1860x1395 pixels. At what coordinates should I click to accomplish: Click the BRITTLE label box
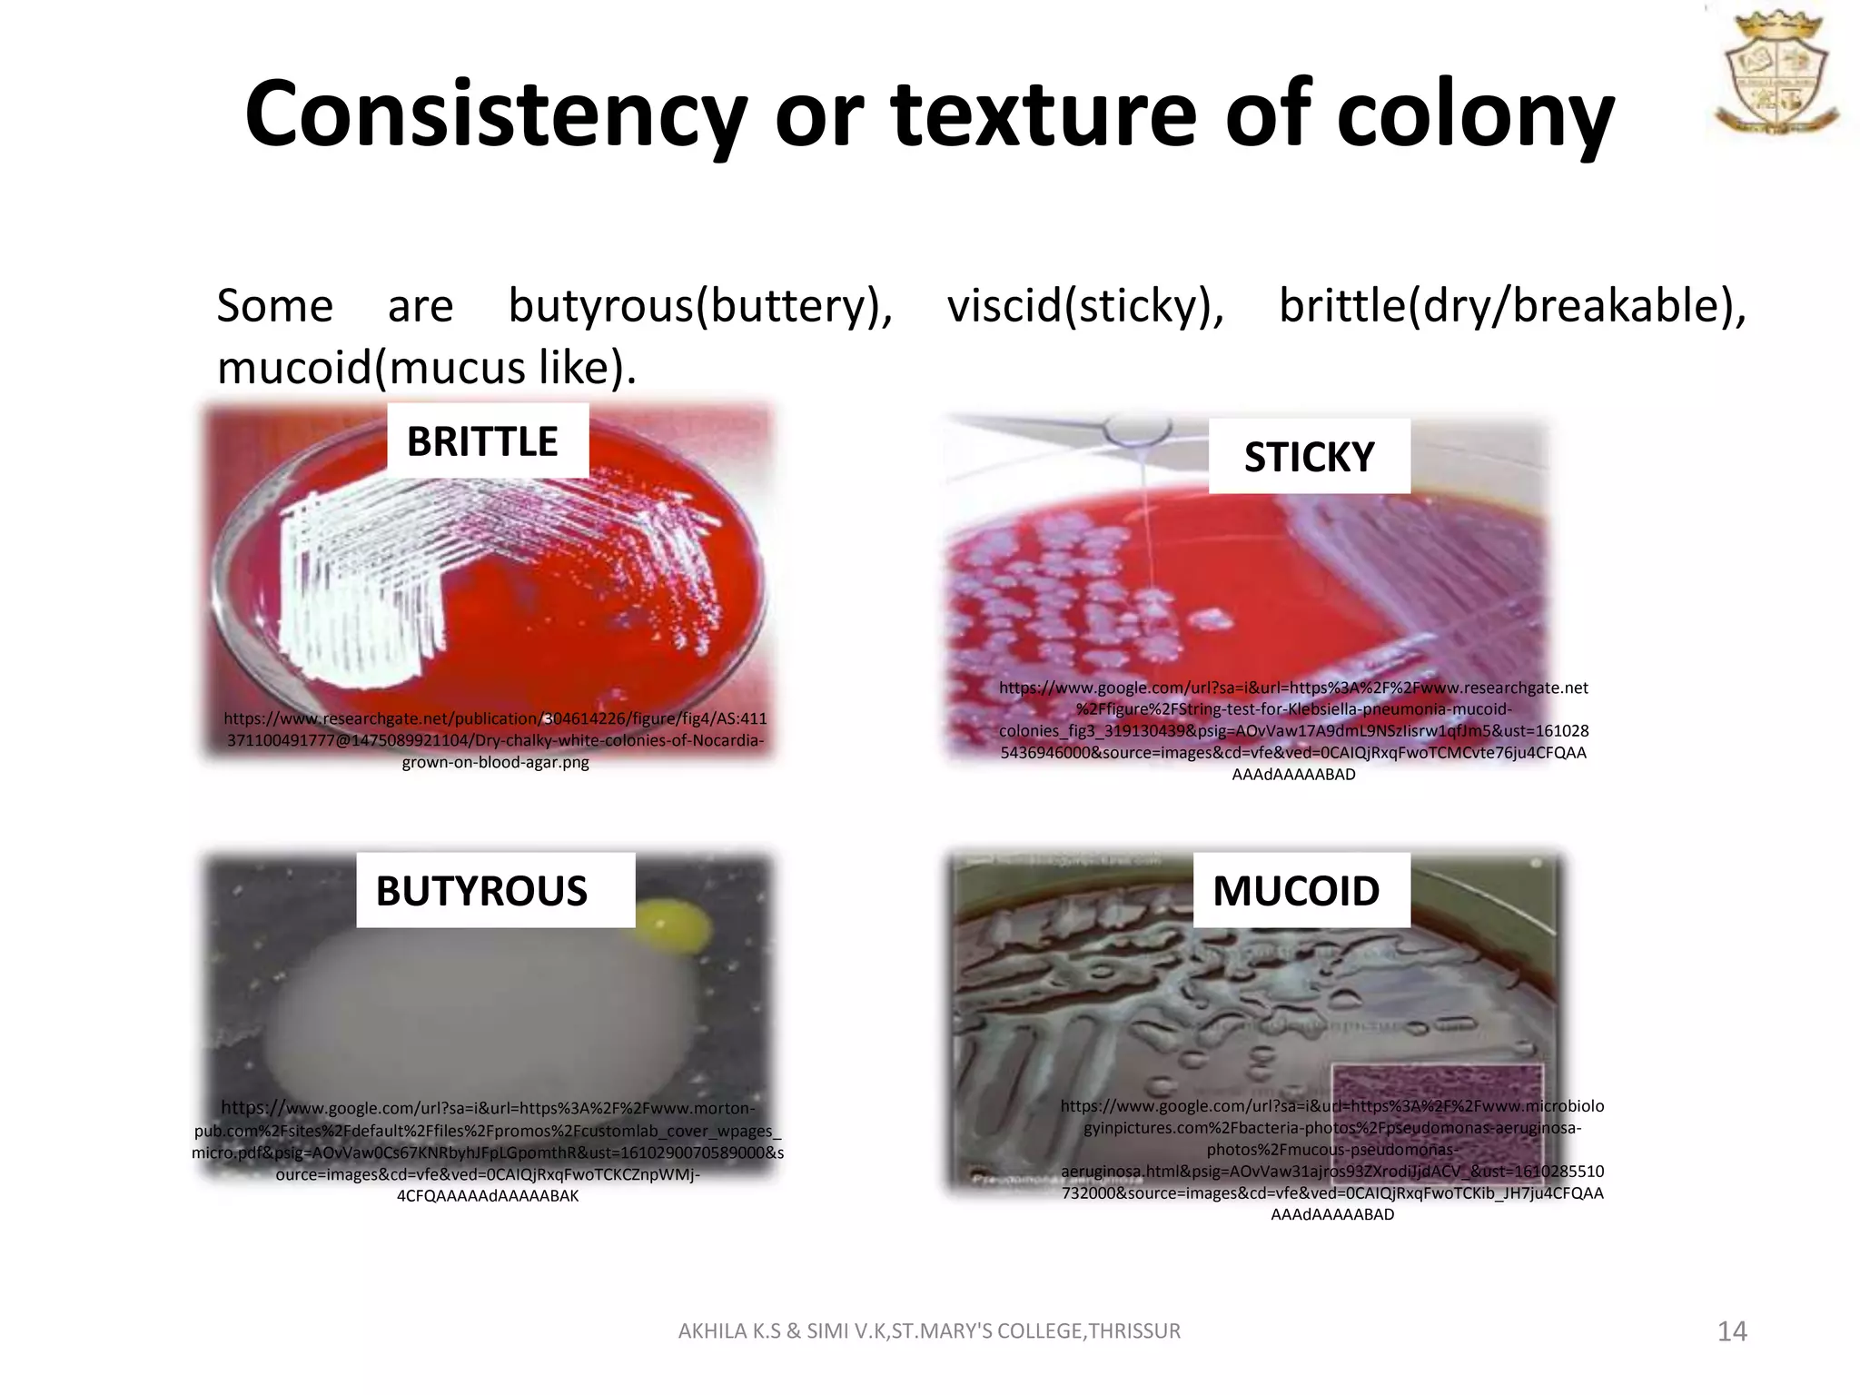point(488,441)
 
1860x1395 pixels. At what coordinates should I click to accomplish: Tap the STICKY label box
point(1309,457)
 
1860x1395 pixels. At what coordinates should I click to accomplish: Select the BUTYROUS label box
point(495,891)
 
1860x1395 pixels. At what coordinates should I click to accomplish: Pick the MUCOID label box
point(1301,891)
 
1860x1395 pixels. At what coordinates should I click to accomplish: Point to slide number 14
point(1732,1331)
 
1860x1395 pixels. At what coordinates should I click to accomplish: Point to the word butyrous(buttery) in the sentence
point(700,306)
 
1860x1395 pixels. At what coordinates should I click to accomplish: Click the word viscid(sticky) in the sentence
point(1085,306)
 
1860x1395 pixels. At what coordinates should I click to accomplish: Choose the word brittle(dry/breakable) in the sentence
point(1512,306)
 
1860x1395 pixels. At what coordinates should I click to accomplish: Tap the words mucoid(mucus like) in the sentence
point(426,368)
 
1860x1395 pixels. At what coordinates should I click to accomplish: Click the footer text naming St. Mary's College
point(929,1331)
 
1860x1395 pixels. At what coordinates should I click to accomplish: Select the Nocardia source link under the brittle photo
point(495,740)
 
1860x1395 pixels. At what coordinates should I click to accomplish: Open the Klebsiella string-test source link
point(1293,731)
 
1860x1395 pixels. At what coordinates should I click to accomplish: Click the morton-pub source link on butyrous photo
point(488,1152)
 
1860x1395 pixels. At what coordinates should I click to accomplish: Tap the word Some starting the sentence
point(274,306)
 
